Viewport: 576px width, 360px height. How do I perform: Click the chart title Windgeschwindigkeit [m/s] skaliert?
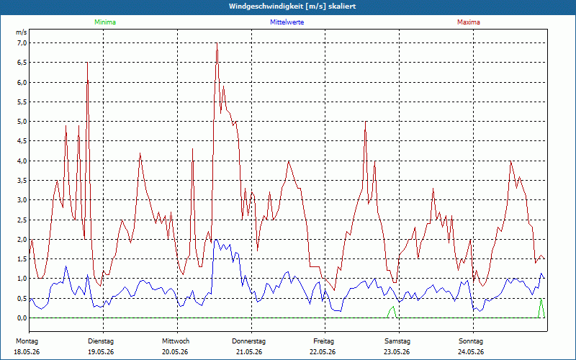point(292,6)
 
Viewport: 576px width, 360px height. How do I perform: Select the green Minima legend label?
point(105,22)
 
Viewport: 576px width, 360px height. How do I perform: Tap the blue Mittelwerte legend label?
point(287,22)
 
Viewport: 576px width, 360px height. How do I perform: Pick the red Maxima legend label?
point(469,22)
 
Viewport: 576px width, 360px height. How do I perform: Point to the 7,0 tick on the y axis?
point(22,43)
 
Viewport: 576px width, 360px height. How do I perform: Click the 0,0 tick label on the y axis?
point(22,318)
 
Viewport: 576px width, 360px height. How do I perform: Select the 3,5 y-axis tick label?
point(22,181)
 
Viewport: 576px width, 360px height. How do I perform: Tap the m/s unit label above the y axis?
point(21,32)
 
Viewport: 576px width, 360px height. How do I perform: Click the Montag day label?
point(27,341)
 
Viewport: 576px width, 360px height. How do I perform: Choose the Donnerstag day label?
point(248,341)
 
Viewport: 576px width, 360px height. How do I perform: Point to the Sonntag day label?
point(471,341)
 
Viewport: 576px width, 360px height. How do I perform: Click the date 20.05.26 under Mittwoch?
point(175,352)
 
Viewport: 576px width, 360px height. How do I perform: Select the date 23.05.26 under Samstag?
point(397,352)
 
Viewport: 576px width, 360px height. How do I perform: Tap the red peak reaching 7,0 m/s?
point(217,43)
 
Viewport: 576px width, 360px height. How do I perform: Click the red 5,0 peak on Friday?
point(366,122)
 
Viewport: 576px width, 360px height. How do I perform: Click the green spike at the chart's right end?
point(541,300)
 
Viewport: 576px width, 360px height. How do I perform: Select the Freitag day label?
point(323,341)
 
